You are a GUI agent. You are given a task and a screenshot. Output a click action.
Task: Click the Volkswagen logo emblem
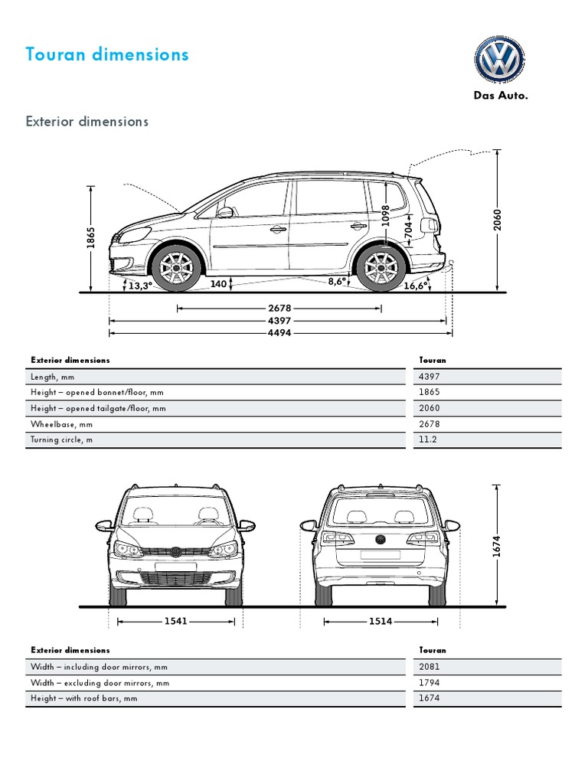click(499, 60)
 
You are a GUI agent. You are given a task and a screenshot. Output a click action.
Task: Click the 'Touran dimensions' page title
click(106, 54)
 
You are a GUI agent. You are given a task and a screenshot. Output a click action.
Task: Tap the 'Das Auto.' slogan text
click(499, 96)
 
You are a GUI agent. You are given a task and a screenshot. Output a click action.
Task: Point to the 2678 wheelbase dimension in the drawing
click(279, 309)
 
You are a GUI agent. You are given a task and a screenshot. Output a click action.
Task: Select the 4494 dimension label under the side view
click(279, 333)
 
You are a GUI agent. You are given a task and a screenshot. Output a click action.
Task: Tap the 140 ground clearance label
click(218, 284)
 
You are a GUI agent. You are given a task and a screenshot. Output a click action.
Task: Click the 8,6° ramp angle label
click(338, 282)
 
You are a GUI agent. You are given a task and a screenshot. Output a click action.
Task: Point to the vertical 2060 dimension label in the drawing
click(497, 220)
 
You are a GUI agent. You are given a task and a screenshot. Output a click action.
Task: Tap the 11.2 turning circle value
click(430, 440)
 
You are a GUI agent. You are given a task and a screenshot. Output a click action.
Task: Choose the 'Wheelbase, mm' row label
click(61, 424)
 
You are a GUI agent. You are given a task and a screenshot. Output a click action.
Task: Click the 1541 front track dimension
click(176, 621)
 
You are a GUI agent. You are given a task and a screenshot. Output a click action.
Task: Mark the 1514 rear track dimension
click(381, 621)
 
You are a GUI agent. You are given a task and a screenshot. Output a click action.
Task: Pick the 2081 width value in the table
click(430, 667)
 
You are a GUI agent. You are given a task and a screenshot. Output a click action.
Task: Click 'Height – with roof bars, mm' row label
click(84, 698)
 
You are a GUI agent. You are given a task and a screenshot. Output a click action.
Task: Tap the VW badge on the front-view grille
click(175, 552)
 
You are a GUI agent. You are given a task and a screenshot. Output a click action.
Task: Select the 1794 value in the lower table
click(430, 683)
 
